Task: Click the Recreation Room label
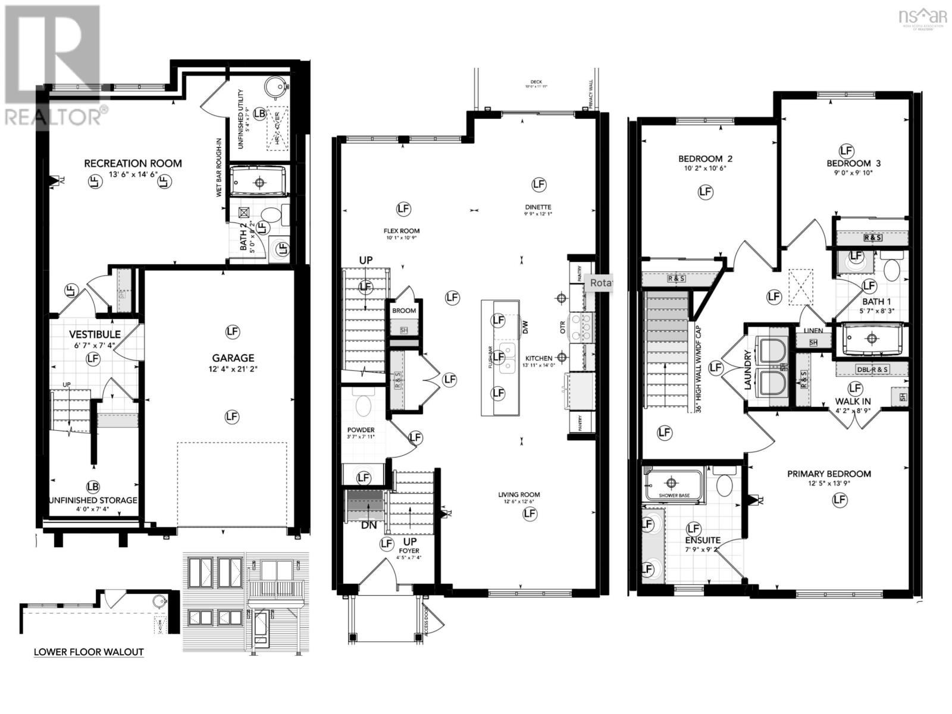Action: [133, 163]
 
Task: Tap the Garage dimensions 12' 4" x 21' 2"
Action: [233, 369]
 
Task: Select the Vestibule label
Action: [95, 334]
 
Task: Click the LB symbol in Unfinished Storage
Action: [92, 486]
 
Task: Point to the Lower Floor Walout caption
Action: [89, 652]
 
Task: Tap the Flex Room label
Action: [402, 231]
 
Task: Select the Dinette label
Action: [538, 207]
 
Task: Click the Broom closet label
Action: [404, 311]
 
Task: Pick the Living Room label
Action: [519, 494]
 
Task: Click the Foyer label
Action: [409, 550]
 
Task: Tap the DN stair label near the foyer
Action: [369, 525]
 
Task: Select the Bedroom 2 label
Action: [705, 159]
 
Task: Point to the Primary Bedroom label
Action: [829, 474]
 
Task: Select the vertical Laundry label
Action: [748, 369]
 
